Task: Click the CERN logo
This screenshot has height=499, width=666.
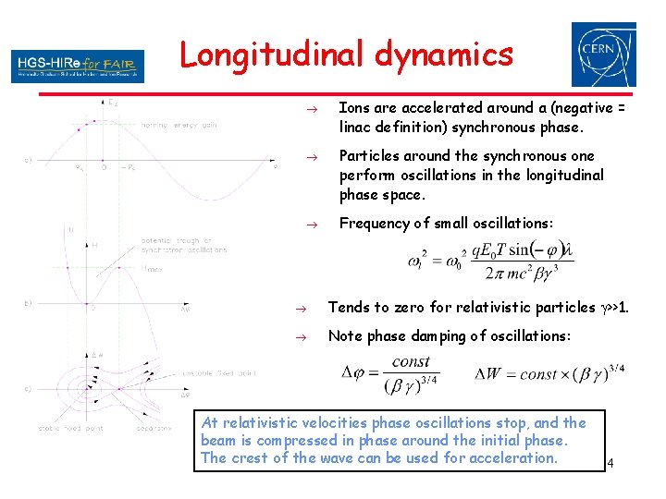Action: click(603, 55)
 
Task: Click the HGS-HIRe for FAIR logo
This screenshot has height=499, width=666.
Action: click(78, 66)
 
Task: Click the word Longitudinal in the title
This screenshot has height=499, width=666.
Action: click(274, 55)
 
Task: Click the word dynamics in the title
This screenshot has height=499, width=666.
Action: click(444, 55)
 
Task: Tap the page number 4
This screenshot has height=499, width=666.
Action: click(611, 462)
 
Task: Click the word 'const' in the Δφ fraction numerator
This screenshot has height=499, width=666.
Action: click(411, 362)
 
